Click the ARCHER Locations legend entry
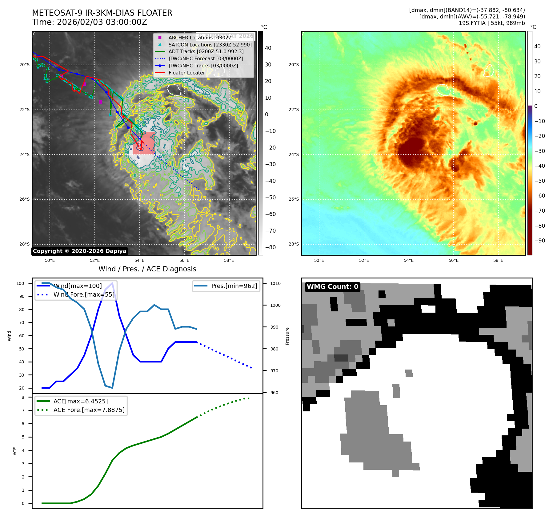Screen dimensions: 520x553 pyautogui.click(x=201, y=38)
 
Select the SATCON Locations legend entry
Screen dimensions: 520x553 pyautogui.click(x=210, y=45)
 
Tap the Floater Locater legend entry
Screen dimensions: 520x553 pyautogui.click(x=186, y=73)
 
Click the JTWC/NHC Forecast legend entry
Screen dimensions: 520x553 pyautogui.click(x=206, y=58)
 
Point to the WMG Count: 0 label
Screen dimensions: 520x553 pyautogui.click(x=332, y=287)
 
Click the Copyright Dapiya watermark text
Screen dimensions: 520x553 pyautogui.click(x=79, y=251)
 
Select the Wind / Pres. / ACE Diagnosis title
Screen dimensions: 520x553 pyautogui.click(x=147, y=269)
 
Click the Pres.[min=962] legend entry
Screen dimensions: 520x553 pyautogui.click(x=234, y=286)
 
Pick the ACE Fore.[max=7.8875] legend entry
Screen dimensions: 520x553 pyautogui.click(x=89, y=410)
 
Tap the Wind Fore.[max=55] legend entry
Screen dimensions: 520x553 pyautogui.click(x=84, y=294)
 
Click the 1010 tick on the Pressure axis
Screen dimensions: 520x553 pyautogui.click(x=275, y=283)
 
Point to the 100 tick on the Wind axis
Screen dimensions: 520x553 pyautogui.click(x=20, y=283)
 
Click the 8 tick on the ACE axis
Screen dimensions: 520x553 pyautogui.click(x=23, y=397)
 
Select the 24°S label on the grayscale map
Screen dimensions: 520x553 pyautogui.click(x=25, y=154)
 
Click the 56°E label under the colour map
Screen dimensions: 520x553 pyautogui.click(x=453, y=260)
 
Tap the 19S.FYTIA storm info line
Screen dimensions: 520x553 pyautogui.click(x=492, y=23)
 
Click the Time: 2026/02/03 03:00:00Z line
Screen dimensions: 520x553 pyautogui.click(x=90, y=22)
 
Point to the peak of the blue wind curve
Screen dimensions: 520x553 pyautogui.click(x=112, y=283)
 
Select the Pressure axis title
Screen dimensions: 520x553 pyautogui.click(x=287, y=336)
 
